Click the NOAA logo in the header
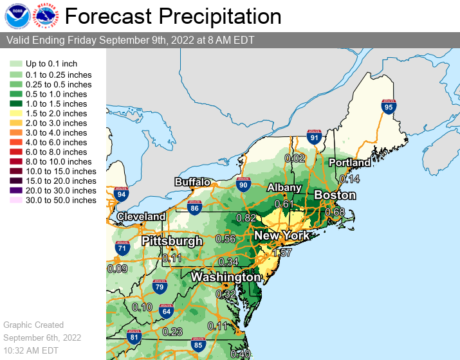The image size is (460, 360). coord(17,16)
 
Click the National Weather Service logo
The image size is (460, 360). coord(46,16)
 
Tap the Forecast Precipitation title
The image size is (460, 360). coord(173,17)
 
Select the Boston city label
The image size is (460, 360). coord(335,195)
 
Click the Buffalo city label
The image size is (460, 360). coord(192,182)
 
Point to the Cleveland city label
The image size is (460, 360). coord(142,217)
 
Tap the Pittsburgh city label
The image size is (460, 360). coord(172,241)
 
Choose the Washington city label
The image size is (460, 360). coord(225,277)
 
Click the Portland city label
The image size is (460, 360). coord(349,163)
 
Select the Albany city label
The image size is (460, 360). coord(284,188)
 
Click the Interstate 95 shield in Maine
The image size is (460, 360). coord(387,106)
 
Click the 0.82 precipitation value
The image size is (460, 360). coord(246,218)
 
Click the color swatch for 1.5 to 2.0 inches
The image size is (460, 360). coord(15,113)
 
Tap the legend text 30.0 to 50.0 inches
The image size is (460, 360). coord(60,200)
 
